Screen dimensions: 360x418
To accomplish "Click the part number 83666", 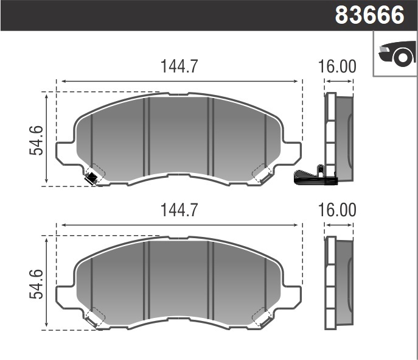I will tap(369, 15).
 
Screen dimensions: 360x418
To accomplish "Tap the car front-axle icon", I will tap(396, 54).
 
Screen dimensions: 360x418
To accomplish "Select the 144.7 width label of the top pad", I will tap(179, 67).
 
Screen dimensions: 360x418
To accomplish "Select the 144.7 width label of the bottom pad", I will tap(179, 210).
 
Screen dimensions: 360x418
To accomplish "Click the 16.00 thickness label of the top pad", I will tap(337, 67).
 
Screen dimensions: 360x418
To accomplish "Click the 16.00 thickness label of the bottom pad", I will tap(337, 210).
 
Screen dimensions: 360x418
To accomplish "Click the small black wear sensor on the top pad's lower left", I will tap(91, 178).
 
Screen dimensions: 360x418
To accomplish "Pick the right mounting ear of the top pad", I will tap(292, 152).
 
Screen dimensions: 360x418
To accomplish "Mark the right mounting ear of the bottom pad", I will tap(292, 296).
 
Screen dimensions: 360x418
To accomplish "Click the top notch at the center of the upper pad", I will tap(178, 95).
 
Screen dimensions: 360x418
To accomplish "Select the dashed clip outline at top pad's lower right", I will tap(263, 174).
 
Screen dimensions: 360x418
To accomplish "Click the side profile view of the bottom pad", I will tap(338, 283).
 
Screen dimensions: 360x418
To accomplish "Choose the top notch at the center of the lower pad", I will tap(178, 239).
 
